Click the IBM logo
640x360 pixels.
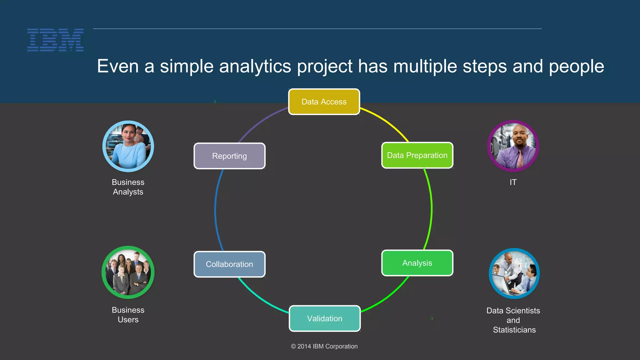click(x=55, y=40)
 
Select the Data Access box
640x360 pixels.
click(x=324, y=102)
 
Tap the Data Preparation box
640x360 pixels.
click(x=417, y=155)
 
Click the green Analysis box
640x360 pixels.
click(x=417, y=263)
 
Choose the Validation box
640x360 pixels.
click(x=325, y=318)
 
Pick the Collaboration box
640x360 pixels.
click(x=229, y=264)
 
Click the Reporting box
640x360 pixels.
click(x=229, y=156)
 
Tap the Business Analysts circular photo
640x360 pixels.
click(x=128, y=146)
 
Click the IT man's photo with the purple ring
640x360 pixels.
click(x=513, y=146)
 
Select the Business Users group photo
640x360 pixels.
click(x=128, y=272)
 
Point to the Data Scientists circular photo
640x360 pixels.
click(x=514, y=273)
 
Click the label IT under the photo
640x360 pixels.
click(x=513, y=182)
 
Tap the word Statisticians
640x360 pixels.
click(x=514, y=330)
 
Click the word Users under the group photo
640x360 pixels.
click(x=128, y=320)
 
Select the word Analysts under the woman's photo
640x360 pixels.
click(x=128, y=192)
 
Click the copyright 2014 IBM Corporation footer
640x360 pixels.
click(x=324, y=346)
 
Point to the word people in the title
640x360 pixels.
click(x=576, y=67)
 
